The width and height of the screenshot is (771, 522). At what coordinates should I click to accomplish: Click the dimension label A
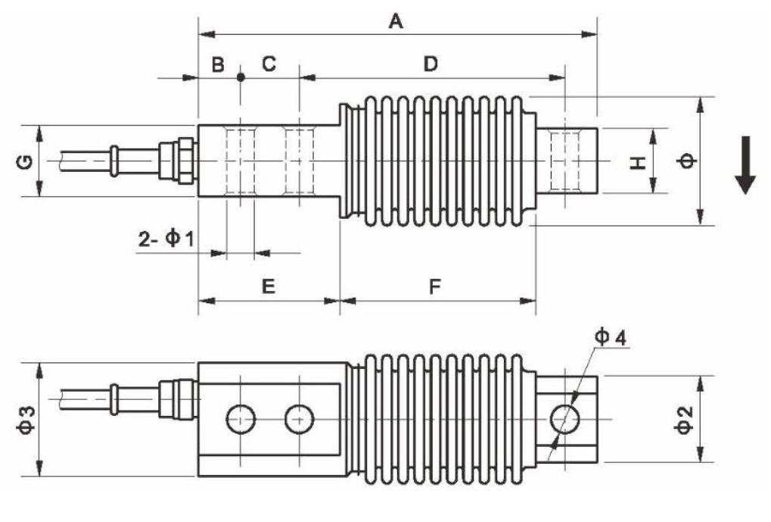[x=395, y=21]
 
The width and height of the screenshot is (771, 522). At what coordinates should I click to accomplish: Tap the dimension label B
[x=218, y=65]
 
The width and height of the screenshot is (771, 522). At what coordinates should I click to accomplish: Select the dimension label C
[x=269, y=65]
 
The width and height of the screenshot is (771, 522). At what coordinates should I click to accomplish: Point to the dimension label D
[x=431, y=65]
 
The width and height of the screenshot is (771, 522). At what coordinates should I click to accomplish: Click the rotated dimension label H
[x=640, y=161]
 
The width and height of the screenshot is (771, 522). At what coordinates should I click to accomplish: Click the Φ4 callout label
[x=610, y=338]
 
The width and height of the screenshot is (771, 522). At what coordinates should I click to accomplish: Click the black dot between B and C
[x=241, y=77]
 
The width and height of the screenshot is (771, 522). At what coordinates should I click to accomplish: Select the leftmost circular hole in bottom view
[x=241, y=419]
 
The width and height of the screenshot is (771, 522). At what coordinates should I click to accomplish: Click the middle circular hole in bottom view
[x=299, y=419]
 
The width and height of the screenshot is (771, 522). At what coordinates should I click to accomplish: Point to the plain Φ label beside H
[x=686, y=161]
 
